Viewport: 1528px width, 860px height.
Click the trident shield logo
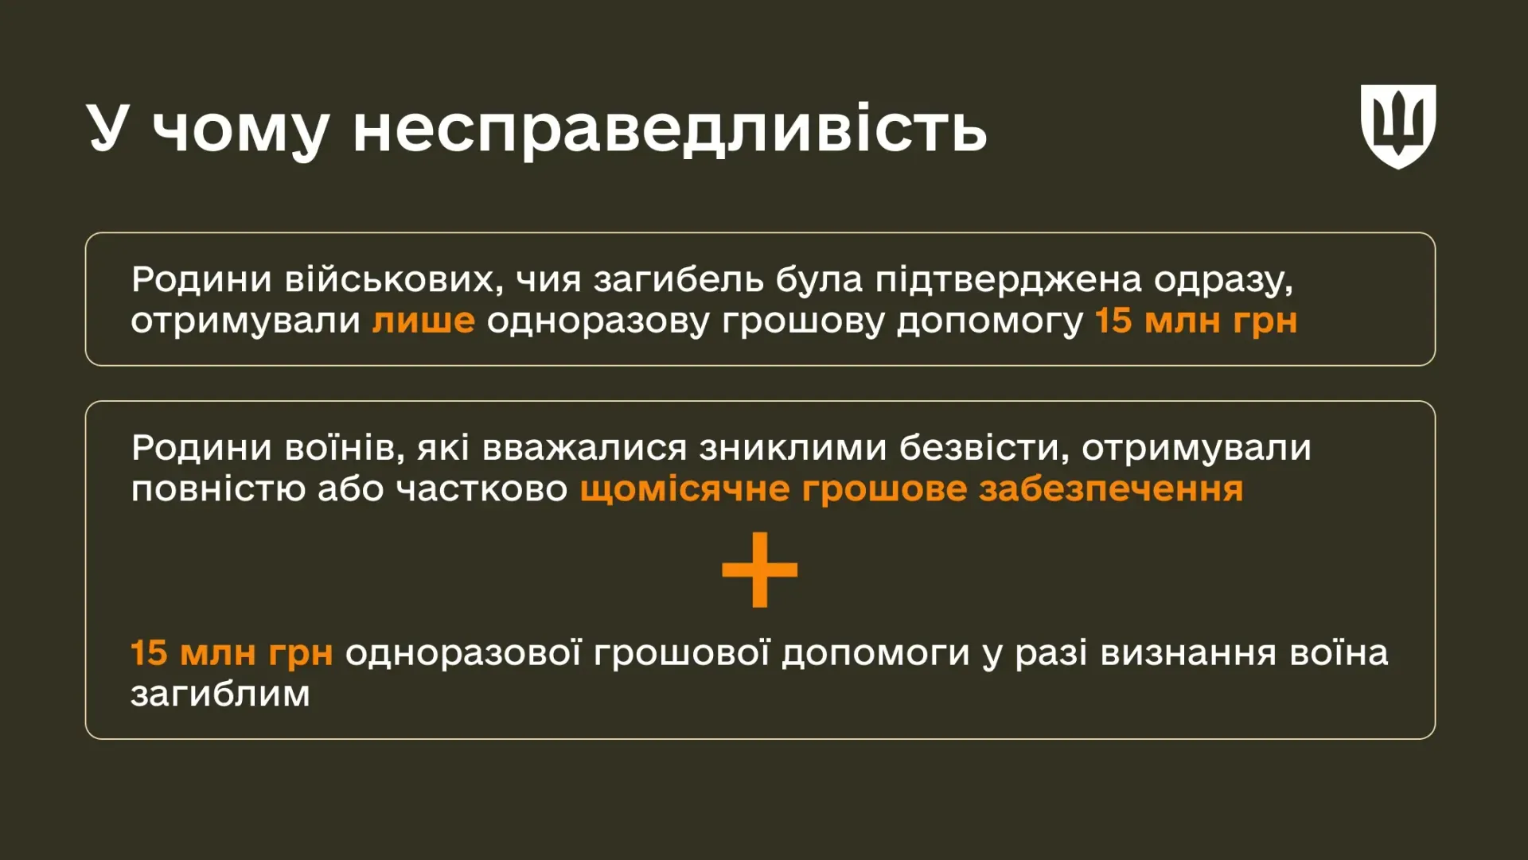(x=1397, y=126)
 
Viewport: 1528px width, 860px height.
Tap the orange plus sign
(x=759, y=570)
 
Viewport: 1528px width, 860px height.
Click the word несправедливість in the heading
(x=670, y=128)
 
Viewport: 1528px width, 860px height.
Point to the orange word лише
(x=423, y=321)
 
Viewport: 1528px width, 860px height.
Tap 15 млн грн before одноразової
(x=232, y=654)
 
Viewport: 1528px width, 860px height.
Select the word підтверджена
(x=1008, y=278)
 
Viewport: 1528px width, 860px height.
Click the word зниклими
(x=793, y=449)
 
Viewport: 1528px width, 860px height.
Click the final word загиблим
(x=220, y=695)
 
